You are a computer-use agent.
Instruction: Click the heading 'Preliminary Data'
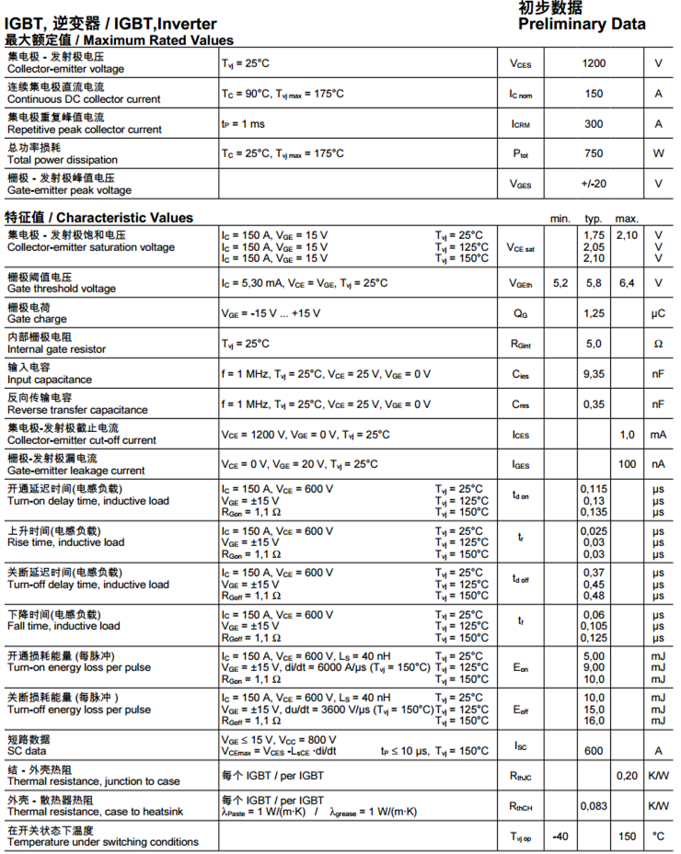[582, 25]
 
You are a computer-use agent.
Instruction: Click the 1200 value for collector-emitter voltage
[594, 63]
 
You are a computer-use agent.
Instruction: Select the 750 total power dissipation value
[594, 154]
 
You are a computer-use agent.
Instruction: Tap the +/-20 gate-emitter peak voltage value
[594, 184]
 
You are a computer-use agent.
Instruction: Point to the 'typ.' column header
[594, 219]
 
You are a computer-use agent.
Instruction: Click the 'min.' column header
[560, 219]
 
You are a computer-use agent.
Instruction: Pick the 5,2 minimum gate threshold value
[560, 283]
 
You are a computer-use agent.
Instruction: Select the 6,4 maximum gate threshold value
[627, 283]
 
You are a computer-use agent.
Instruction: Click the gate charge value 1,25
[594, 313]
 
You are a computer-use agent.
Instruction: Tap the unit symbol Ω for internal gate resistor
[658, 344]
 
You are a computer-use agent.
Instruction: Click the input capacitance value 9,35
[594, 374]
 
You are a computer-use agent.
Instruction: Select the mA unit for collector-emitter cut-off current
[658, 435]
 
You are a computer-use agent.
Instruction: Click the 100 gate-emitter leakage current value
[627, 464]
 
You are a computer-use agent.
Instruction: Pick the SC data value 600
[594, 751]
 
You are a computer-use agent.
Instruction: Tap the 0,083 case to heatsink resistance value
[594, 806]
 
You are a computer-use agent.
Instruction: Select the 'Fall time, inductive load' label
[63, 627]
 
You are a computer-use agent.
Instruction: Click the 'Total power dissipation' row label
[63, 160]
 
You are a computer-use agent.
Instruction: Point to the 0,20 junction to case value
[627, 776]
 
